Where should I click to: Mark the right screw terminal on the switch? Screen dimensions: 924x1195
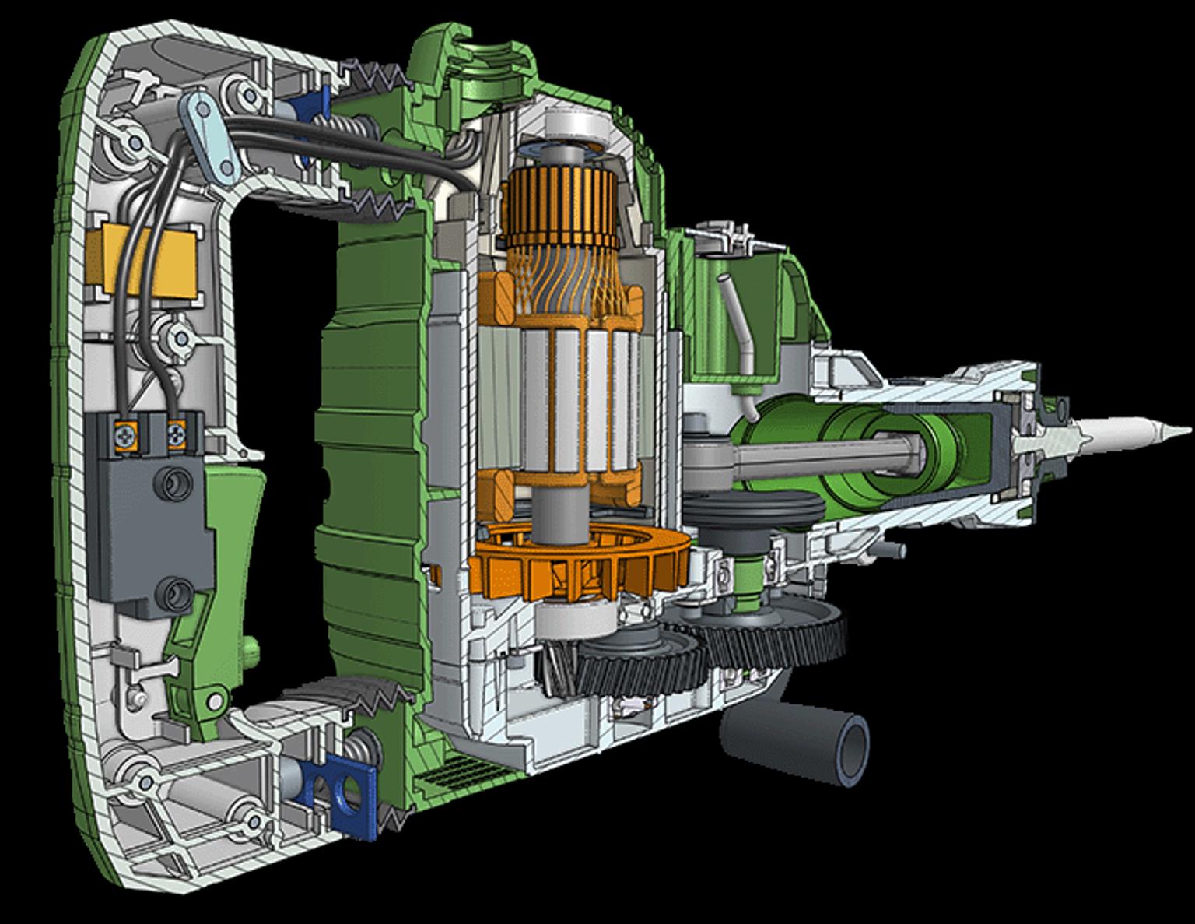pos(177,430)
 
